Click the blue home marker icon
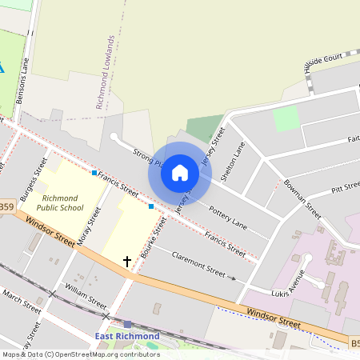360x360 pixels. (x=180, y=172)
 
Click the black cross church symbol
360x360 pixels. (x=126, y=262)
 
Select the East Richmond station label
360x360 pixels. (x=127, y=336)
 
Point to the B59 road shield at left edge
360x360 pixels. (x=6, y=207)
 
